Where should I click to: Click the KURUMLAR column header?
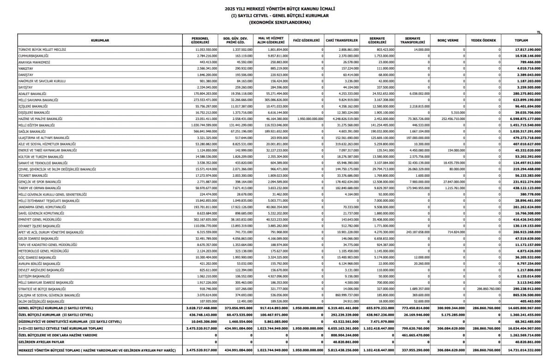100,40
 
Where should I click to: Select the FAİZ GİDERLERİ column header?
307,40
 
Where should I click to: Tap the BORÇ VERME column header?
448,40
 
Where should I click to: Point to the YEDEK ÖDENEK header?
483,40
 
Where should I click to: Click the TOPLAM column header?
521,40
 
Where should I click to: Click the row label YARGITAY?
26,68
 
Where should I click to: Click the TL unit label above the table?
539,32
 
